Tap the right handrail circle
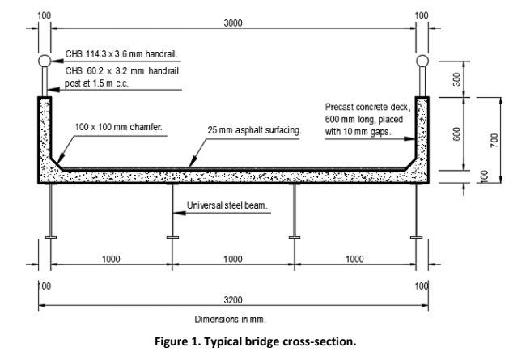421,61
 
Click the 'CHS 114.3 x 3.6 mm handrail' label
122,56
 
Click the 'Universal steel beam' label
227,205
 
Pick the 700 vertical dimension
494,138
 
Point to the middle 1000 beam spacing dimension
232,259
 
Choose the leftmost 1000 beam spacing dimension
111,259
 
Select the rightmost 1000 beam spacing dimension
354,259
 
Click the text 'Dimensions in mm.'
230,319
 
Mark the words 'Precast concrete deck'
369,107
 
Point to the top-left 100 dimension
43,15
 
